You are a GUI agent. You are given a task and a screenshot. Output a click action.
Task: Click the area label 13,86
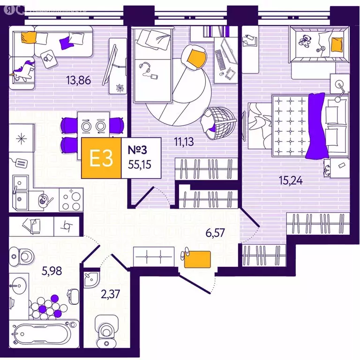pos(78,80)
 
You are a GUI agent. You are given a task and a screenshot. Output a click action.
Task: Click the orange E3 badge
pos(101,158)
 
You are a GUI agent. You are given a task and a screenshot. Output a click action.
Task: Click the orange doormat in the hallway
pos(197,259)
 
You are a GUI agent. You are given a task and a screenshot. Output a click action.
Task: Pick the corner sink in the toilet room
pos(90,279)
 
